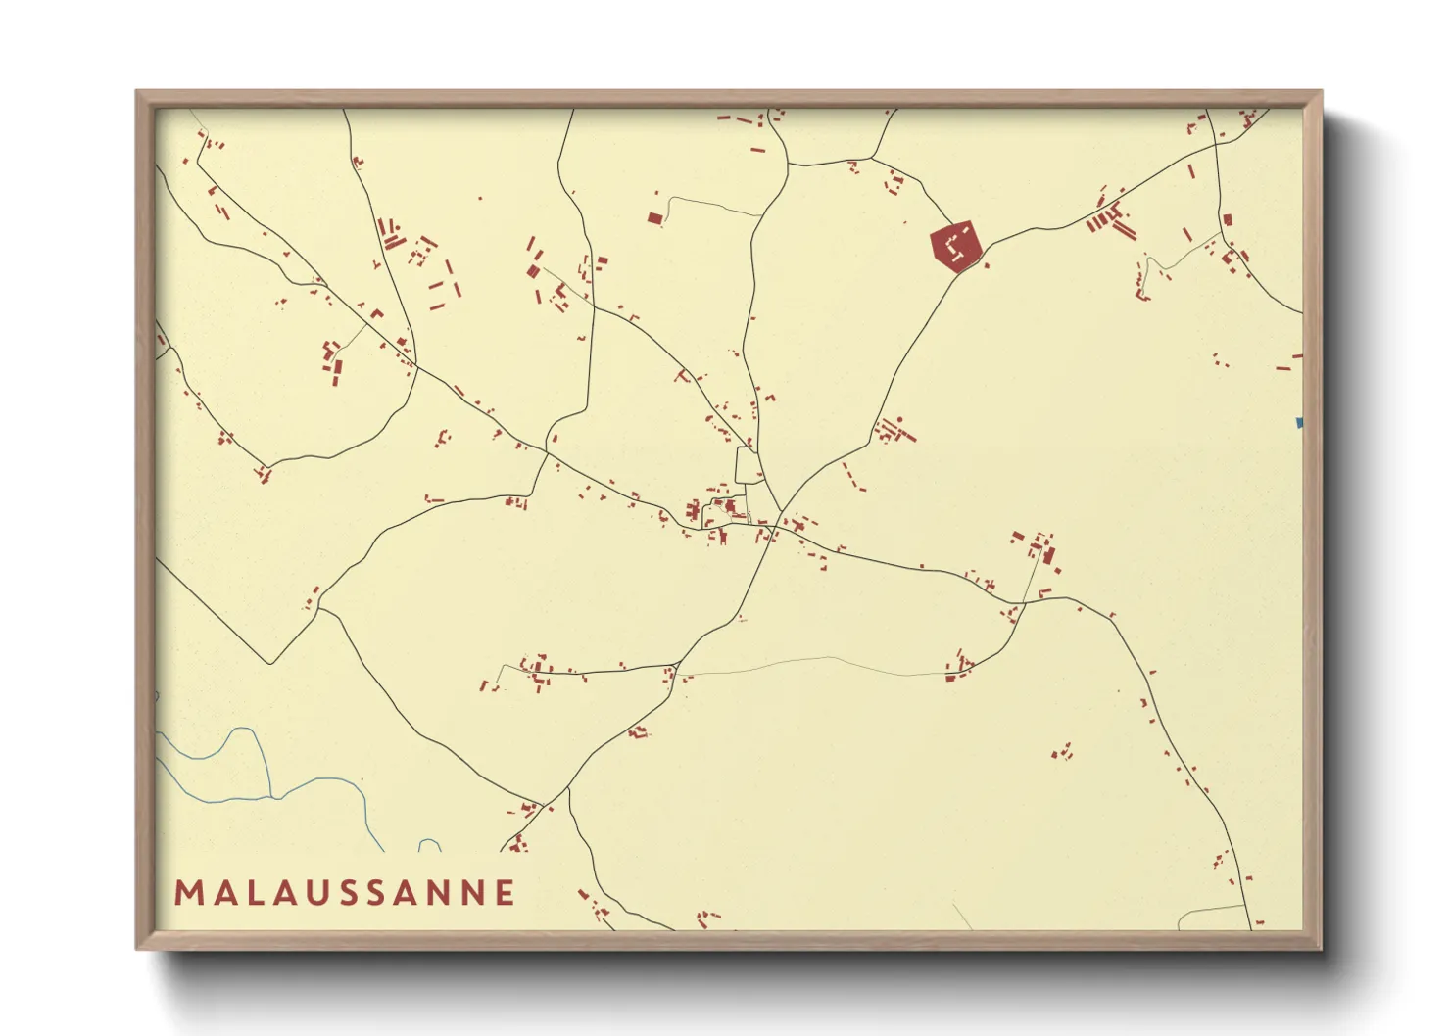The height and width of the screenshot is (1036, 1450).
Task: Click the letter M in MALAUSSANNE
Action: tap(189, 893)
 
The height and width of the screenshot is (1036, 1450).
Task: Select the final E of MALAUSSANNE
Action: tap(506, 893)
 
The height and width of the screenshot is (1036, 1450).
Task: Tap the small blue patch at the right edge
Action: tap(1299, 423)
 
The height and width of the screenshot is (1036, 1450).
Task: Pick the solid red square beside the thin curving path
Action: tap(654, 217)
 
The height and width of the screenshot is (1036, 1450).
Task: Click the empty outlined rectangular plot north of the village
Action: tap(748, 465)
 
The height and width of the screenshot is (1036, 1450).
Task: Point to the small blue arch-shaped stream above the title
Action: tap(429, 844)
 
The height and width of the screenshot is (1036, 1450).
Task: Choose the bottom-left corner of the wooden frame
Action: tap(137, 948)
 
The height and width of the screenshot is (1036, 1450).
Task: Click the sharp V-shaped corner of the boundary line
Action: tap(271, 664)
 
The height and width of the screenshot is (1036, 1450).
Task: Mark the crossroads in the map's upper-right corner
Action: tap(1216, 144)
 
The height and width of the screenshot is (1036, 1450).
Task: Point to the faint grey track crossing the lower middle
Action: tap(833, 659)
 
